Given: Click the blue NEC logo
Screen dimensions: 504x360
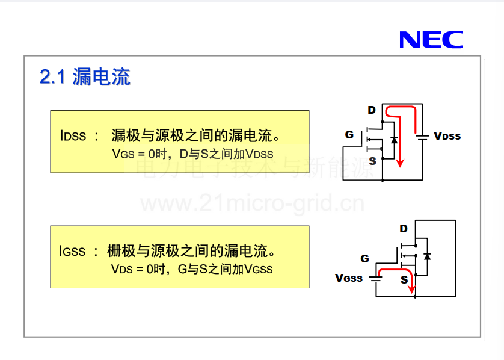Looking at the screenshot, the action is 431,40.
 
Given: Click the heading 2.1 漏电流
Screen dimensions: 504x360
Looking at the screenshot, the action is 85,77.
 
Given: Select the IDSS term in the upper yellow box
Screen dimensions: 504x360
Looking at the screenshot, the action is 73,135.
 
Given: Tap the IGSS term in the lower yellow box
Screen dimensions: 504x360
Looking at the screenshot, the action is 72,250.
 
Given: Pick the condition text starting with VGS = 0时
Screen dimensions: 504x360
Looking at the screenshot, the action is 192,154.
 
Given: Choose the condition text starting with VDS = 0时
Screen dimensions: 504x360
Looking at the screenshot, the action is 192,269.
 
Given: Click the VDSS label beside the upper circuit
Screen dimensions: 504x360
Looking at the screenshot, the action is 447,136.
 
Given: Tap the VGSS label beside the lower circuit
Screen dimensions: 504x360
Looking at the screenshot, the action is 349,278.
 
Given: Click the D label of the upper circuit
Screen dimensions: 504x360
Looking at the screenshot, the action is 372,110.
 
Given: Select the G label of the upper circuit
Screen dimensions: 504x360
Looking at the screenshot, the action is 349,134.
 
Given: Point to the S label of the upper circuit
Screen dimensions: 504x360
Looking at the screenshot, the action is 372,161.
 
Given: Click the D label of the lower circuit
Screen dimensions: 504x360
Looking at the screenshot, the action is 404,228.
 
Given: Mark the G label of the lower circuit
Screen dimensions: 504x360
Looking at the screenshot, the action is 364,258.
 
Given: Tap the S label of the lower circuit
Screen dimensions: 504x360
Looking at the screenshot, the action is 404,279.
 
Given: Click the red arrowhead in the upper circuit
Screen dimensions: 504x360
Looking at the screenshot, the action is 400,163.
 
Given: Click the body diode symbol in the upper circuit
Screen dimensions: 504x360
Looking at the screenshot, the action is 394,140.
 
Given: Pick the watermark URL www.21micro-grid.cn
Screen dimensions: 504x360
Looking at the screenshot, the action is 253,203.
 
